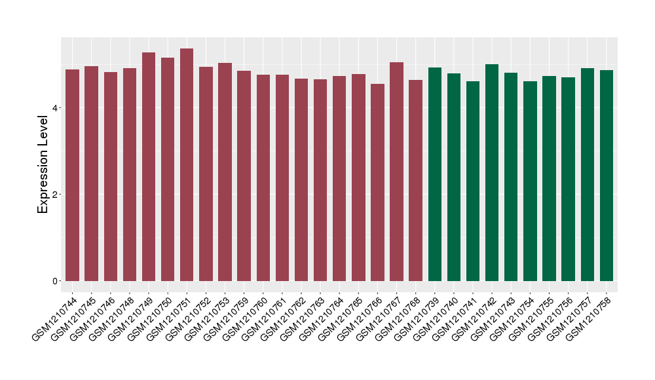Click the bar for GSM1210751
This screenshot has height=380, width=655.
[x=187, y=164]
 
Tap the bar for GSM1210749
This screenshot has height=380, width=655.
[x=149, y=166]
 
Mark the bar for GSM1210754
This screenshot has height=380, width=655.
[x=531, y=181]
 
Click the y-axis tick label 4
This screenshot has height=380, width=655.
[x=57, y=107]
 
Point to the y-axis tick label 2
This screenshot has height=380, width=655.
[x=57, y=195]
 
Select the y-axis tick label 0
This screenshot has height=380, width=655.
[x=57, y=281]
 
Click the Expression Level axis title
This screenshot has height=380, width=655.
[x=43, y=164]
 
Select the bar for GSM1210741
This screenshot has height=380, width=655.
[x=473, y=181]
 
